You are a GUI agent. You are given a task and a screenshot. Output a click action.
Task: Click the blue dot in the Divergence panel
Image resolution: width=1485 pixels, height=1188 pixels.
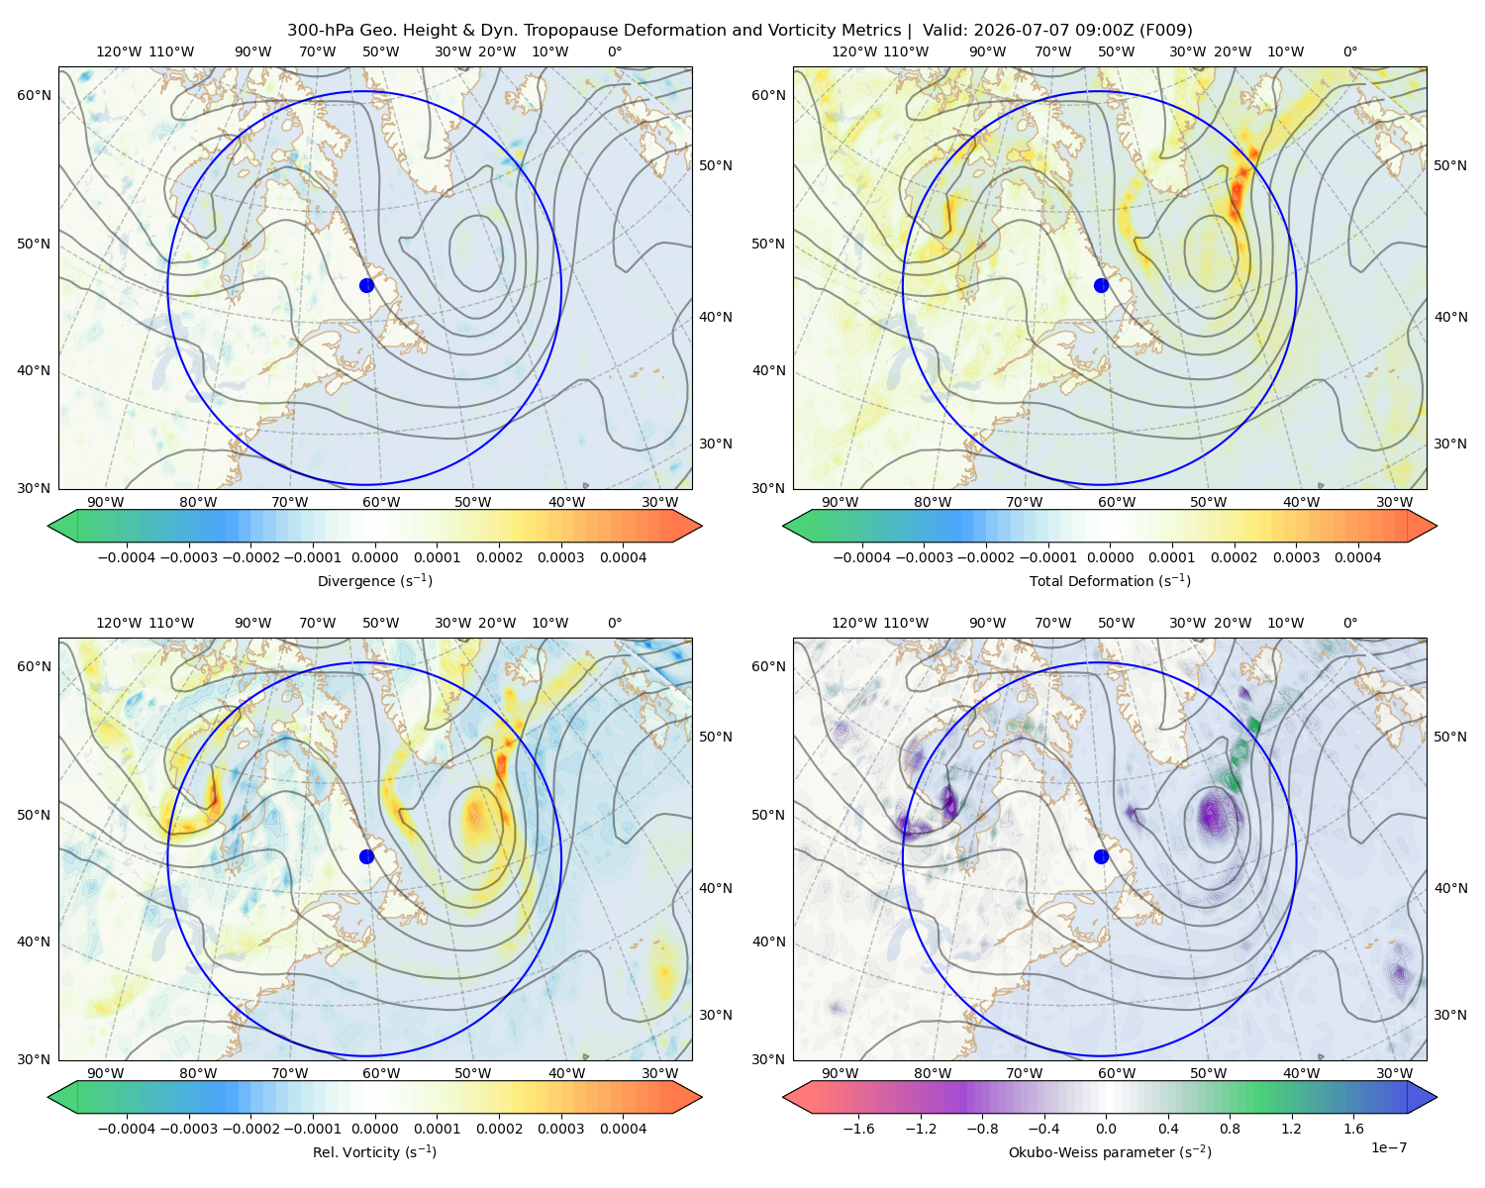[366, 285]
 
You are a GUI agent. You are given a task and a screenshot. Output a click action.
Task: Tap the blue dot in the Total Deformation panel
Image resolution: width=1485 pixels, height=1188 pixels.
[1101, 285]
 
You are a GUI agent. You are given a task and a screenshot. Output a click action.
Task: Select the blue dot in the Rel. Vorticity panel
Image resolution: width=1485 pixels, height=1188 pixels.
[366, 856]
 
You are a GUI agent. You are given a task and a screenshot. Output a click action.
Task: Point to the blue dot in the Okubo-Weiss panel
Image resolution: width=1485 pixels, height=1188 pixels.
[1101, 856]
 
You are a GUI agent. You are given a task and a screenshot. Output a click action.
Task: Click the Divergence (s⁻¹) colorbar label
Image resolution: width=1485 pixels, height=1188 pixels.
[374, 580]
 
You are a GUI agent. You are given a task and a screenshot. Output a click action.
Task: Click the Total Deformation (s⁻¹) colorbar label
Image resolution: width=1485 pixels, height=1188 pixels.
[1110, 580]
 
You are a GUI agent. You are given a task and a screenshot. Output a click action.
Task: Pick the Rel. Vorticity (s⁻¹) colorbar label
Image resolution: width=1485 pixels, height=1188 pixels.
[374, 1151]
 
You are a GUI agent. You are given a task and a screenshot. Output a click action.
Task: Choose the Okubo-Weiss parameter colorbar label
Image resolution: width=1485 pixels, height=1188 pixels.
[1110, 1151]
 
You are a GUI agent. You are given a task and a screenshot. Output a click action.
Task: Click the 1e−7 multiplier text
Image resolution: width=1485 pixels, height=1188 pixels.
[1388, 1147]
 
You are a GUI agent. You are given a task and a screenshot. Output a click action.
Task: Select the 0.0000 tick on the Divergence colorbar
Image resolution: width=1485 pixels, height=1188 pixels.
[374, 557]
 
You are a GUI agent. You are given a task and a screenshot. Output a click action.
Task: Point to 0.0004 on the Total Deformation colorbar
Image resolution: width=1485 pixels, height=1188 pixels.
[1357, 557]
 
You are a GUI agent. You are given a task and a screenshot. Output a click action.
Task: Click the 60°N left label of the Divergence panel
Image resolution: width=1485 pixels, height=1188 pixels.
[34, 95]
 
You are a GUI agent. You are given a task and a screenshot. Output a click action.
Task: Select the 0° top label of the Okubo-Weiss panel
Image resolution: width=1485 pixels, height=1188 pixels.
[1349, 623]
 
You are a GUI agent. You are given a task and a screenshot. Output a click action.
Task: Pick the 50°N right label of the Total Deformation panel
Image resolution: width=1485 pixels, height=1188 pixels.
[1450, 165]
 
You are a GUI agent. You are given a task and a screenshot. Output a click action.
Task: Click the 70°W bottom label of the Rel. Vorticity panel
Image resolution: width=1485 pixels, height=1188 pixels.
[289, 1073]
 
